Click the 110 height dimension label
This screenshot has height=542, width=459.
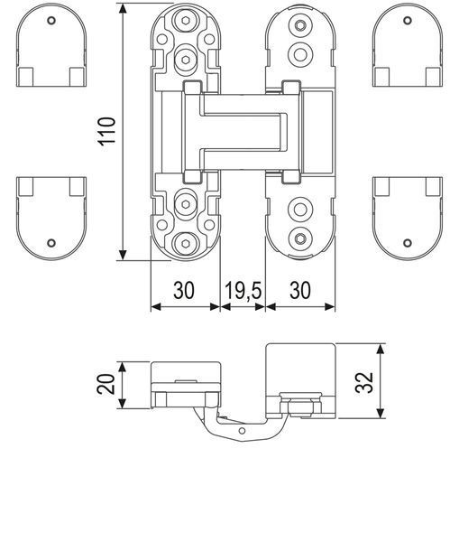106,131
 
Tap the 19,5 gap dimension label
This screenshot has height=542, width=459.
243,290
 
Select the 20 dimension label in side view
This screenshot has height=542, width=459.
106,384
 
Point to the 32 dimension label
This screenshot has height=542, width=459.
364,383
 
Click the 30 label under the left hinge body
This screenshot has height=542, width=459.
184,290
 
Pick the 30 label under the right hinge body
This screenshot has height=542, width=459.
300,290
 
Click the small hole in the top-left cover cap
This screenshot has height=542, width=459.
51,21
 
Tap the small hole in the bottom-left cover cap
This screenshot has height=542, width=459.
51,243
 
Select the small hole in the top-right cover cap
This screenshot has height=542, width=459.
408,21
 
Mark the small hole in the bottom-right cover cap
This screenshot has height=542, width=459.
408,243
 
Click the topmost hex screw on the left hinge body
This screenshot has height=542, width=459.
186,21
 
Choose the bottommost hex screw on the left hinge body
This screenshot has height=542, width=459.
186,244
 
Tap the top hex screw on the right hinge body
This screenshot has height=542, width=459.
300,25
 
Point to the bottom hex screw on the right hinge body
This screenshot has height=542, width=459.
300,238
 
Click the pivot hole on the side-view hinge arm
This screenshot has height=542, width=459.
243,431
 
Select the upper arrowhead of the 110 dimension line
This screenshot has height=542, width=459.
123,9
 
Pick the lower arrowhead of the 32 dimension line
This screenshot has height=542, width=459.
380,413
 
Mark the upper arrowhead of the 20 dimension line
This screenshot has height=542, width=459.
122,367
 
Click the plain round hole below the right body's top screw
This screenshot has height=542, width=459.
300,54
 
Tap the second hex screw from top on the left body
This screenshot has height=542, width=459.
186,60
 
